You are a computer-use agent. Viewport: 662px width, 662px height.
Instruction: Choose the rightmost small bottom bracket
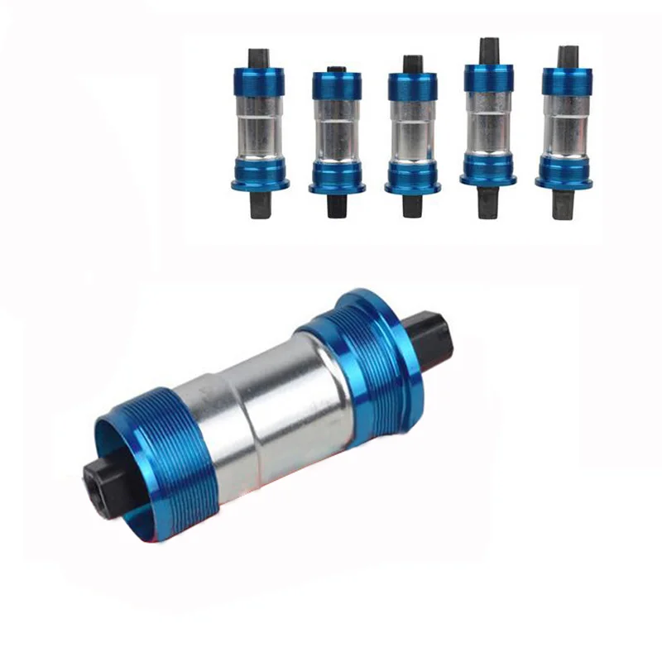pyautogui.click(x=567, y=131)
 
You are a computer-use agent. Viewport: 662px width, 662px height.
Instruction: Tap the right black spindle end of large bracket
pyautogui.click(x=433, y=338)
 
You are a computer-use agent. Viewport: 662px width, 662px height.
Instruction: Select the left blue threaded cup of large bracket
pyautogui.click(x=153, y=463)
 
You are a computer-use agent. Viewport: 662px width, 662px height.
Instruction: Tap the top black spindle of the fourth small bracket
pyautogui.click(x=489, y=50)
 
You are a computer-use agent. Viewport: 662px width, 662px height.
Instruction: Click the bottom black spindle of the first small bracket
pyautogui.click(x=260, y=204)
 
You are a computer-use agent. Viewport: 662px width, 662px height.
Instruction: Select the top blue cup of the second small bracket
pyautogui.click(x=337, y=85)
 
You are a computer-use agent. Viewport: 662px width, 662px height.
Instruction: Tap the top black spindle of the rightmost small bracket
pyautogui.click(x=568, y=56)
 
